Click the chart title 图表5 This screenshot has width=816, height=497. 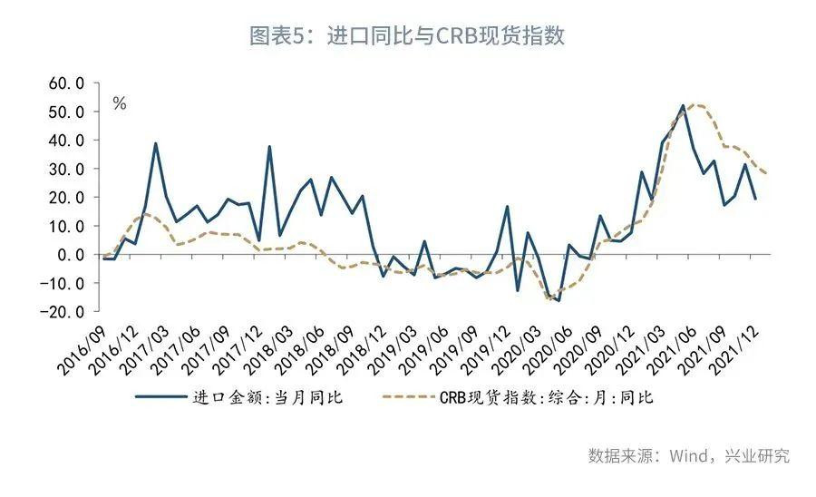point(407,36)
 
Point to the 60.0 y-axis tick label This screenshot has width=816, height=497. point(67,83)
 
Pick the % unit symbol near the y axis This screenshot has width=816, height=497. point(120,103)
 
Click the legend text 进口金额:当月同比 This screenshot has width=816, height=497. point(268,396)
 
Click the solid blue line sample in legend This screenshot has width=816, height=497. point(160,396)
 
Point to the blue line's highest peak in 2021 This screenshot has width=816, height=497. point(683,106)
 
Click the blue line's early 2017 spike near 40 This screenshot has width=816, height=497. point(156,143)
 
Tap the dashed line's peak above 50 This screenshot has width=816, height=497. point(696,105)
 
